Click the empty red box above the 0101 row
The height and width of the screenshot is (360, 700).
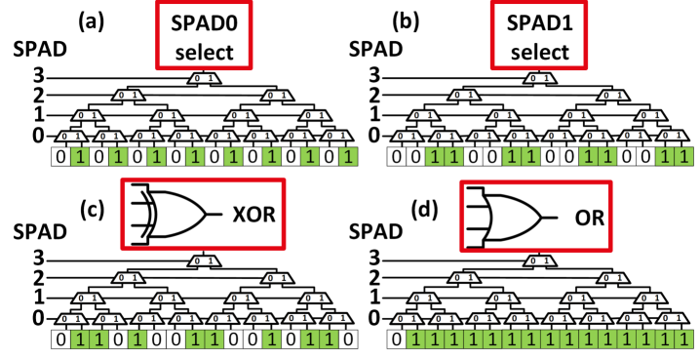(x=204, y=35)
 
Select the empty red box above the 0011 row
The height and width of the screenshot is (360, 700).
(x=538, y=35)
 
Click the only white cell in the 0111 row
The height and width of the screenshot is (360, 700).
(x=397, y=340)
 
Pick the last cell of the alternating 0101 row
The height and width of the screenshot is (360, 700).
(x=348, y=157)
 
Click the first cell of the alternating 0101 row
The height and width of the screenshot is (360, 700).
(x=61, y=157)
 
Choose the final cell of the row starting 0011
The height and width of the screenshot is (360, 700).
(x=683, y=157)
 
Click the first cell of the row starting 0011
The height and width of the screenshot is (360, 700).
(x=397, y=157)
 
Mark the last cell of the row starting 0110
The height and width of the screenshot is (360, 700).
(x=348, y=340)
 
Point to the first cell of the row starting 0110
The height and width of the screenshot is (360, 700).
(x=61, y=340)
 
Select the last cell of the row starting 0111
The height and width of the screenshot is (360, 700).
(x=683, y=340)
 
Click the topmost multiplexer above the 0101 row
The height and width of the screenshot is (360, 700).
(x=204, y=78)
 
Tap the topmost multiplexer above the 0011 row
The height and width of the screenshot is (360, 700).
(x=539, y=78)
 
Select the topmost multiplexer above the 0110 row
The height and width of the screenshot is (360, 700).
(x=204, y=260)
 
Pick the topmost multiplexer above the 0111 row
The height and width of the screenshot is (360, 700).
(x=539, y=260)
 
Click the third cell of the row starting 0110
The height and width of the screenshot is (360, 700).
(x=99, y=340)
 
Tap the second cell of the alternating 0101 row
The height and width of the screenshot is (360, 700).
(x=80, y=157)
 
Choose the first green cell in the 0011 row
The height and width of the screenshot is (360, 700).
(x=435, y=157)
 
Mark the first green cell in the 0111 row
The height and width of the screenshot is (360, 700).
(x=416, y=340)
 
